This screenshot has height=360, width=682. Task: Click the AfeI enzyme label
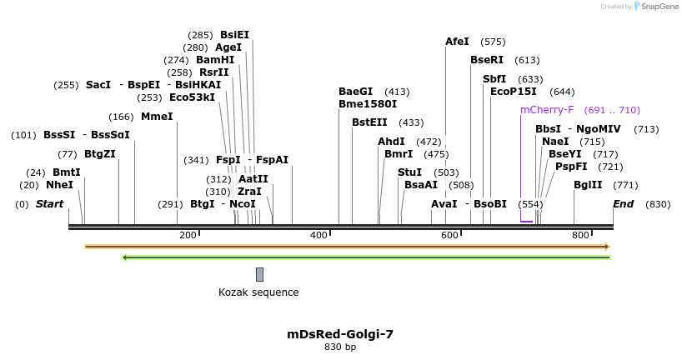coord(457,41)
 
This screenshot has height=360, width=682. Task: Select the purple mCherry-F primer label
coord(547,110)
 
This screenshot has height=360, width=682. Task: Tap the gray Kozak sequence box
coord(259,274)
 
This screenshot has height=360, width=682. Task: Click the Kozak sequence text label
coord(258,292)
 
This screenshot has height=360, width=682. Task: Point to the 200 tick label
coord(188,236)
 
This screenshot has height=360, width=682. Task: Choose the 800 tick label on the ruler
coord(580,236)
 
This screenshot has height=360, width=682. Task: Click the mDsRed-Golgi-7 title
coord(340,333)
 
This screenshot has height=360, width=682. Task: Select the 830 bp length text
coord(340,347)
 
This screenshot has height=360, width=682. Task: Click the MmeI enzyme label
coord(157,117)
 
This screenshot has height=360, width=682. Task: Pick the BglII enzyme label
coord(588,185)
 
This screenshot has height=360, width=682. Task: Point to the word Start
coord(49,204)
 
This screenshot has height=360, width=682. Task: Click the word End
coord(624,204)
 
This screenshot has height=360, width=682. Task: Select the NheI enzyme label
coord(59,185)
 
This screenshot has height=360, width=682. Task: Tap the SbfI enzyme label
coord(494,79)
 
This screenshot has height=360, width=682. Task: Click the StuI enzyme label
coord(409,172)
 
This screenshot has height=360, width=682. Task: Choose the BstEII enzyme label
coord(369,122)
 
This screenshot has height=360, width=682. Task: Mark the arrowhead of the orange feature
coord(607,247)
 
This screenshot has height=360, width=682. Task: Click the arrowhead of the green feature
coord(125,257)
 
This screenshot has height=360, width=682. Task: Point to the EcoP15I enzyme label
coord(513,92)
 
